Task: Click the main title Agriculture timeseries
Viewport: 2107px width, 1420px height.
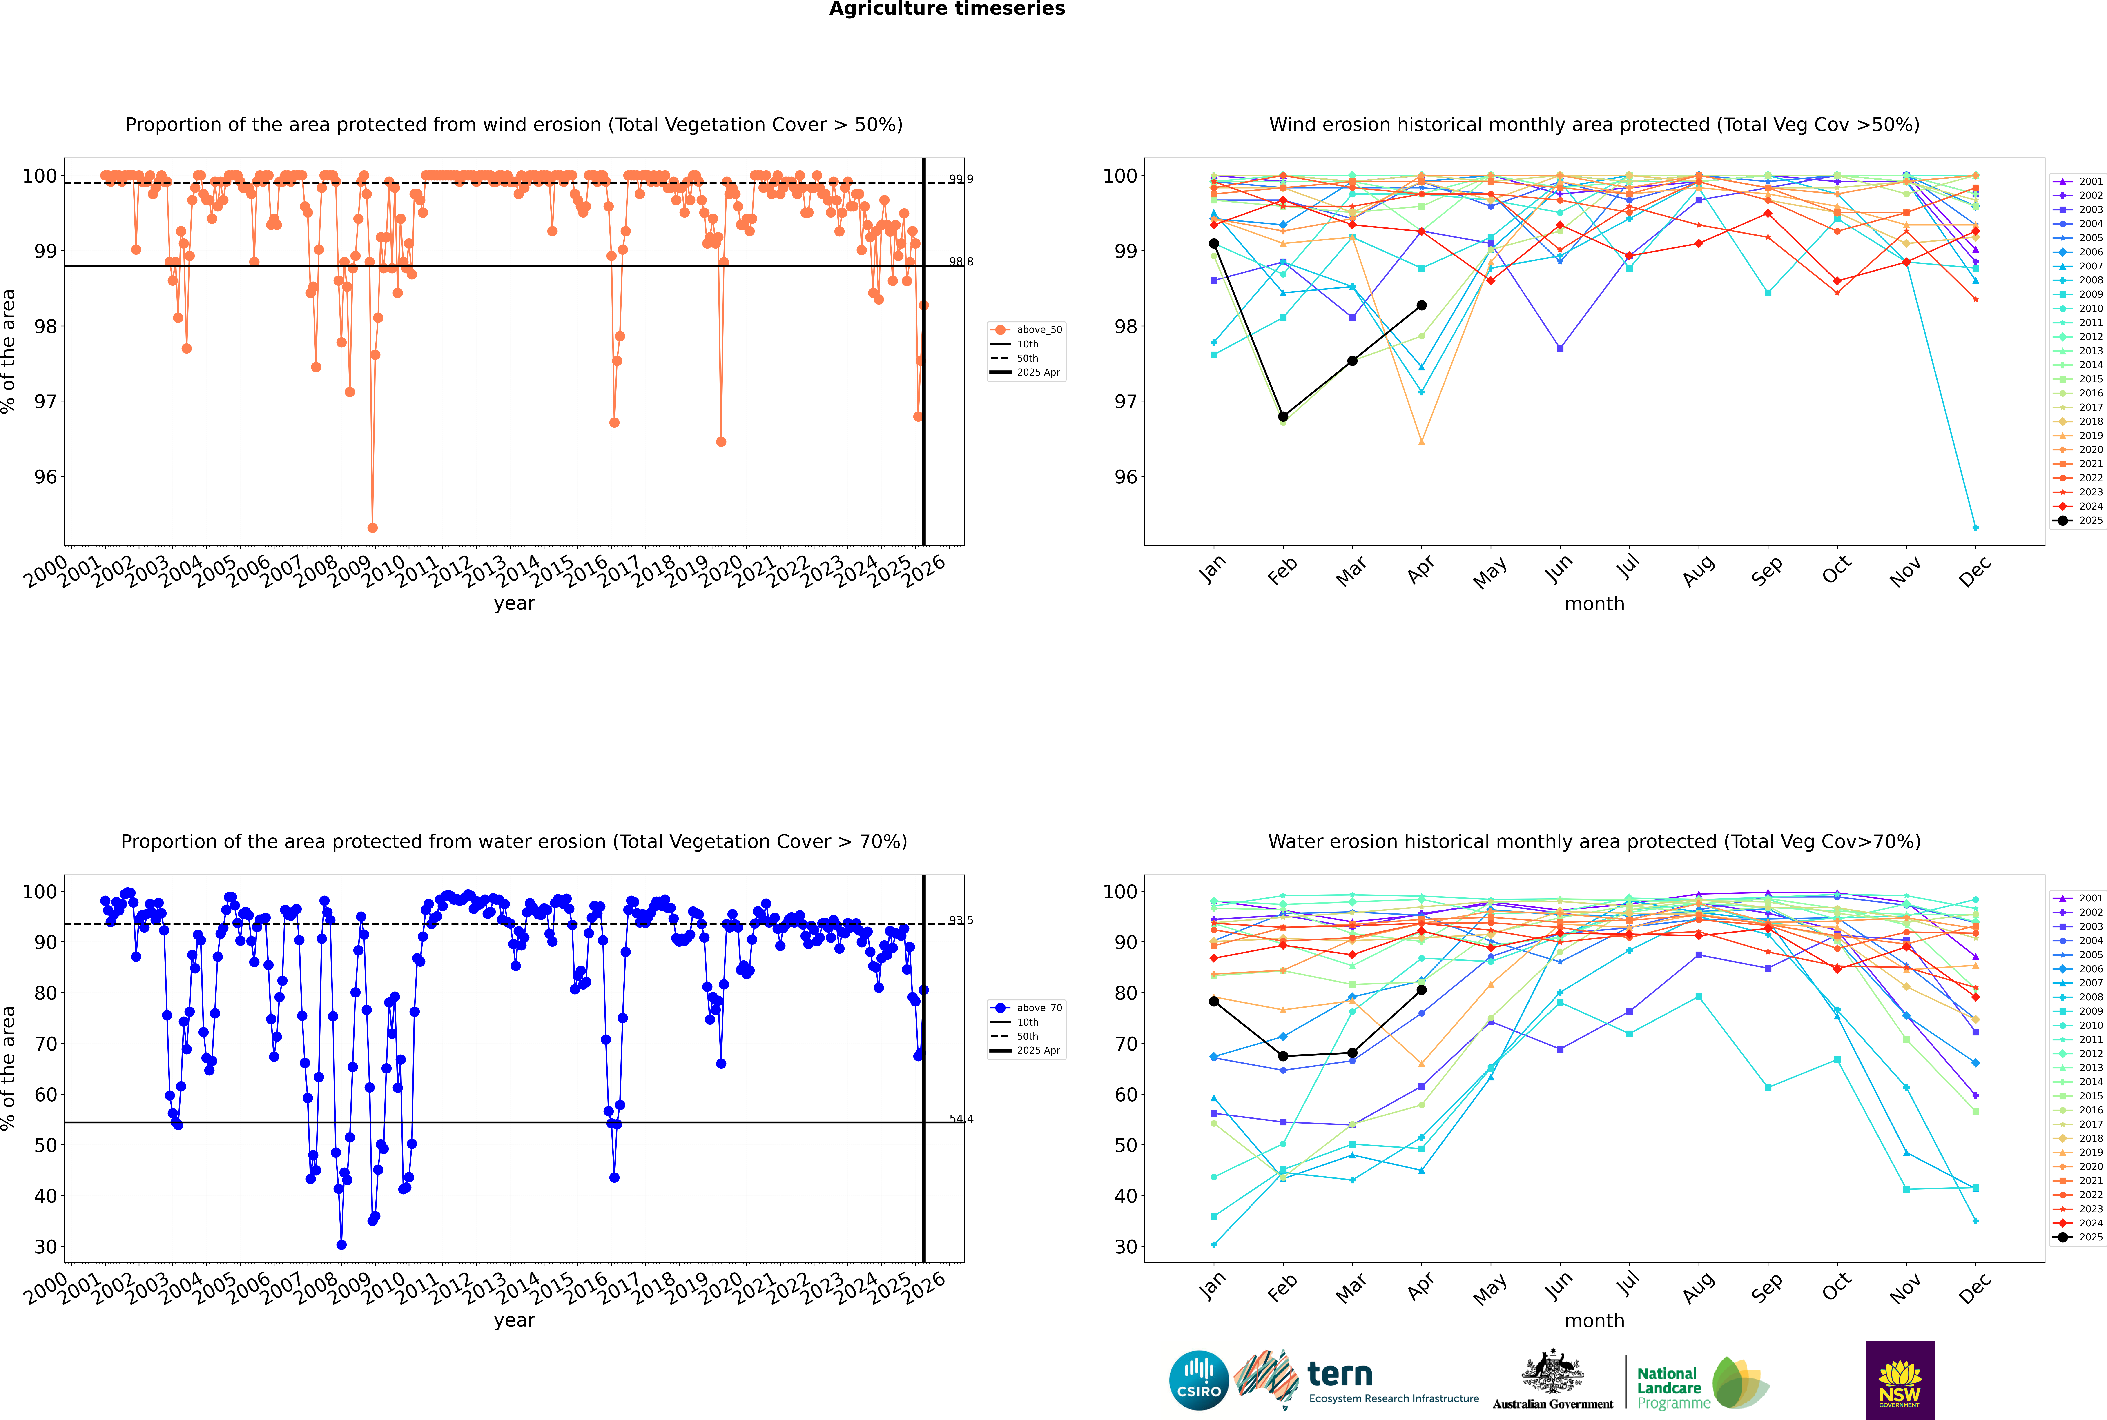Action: (947, 9)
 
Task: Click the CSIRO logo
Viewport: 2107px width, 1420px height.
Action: (1198, 1380)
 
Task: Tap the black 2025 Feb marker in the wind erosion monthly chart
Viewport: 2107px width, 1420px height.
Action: (1283, 416)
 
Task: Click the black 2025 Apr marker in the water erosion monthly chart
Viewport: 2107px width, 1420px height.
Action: (1421, 990)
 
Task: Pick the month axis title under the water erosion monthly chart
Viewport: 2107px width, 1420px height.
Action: (1594, 1320)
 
